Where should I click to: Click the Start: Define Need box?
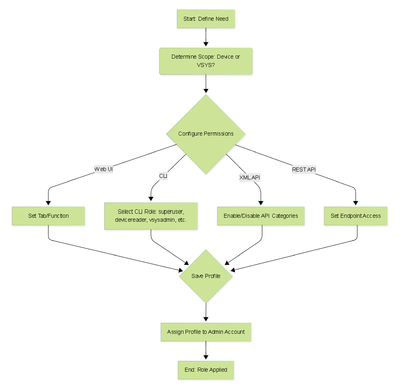(x=206, y=19)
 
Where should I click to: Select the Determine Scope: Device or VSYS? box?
(x=206, y=61)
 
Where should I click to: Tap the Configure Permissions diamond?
(x=206, y=134)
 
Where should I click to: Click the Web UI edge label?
(x=103, y=169)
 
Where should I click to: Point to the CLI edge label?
(x=163, y=176)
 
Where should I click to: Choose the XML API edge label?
(x=250, y=177)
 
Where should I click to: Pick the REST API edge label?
(x=304, y=169)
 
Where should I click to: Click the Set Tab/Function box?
(x=49, y=216)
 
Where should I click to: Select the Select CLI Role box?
(x=151, y=216)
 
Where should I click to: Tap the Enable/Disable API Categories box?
(x=261, y=216)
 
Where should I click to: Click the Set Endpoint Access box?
(x=355, y=216)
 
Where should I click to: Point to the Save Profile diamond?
(x=206, y=276)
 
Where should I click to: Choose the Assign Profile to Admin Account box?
(x=206, y=332)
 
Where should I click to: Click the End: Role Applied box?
(x=206, y=370)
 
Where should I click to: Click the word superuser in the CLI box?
(x=171, y=212)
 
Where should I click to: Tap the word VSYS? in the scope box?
(x=206, y=65)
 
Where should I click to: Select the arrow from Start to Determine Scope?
(x=206, y=37)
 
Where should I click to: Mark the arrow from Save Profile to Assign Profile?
(x=206, y=312)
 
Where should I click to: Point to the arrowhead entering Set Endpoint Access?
(x=355, y=203)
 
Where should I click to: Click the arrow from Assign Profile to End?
(x=206, y=351)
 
